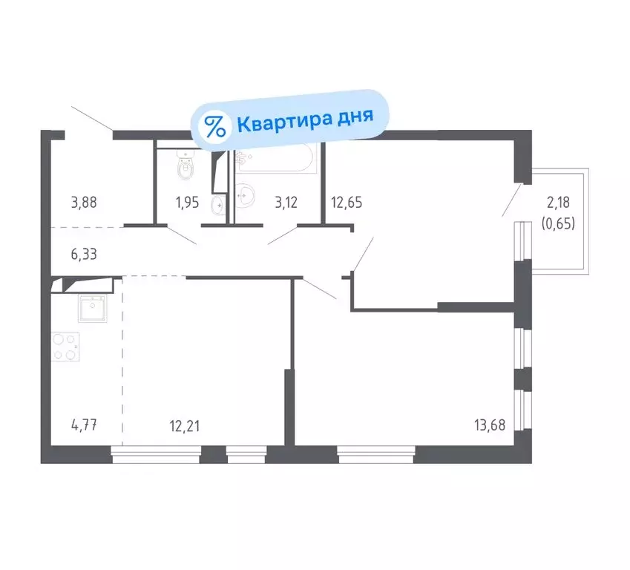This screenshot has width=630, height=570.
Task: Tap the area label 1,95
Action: point(186,202)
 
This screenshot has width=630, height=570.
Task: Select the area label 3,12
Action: point(286,202)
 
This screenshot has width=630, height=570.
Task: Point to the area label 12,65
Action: point(346,202)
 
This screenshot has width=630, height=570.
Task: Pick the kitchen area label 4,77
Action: point(85,426)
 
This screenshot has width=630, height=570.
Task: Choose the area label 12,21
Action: point(185,426)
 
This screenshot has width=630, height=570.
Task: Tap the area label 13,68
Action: point(490,426)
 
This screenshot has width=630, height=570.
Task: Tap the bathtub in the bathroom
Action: point(276,160)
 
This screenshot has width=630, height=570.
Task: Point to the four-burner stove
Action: point(65,347)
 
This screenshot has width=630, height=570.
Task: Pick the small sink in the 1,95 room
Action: point(217,203)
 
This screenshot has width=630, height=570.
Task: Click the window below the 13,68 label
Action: point(375,450)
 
